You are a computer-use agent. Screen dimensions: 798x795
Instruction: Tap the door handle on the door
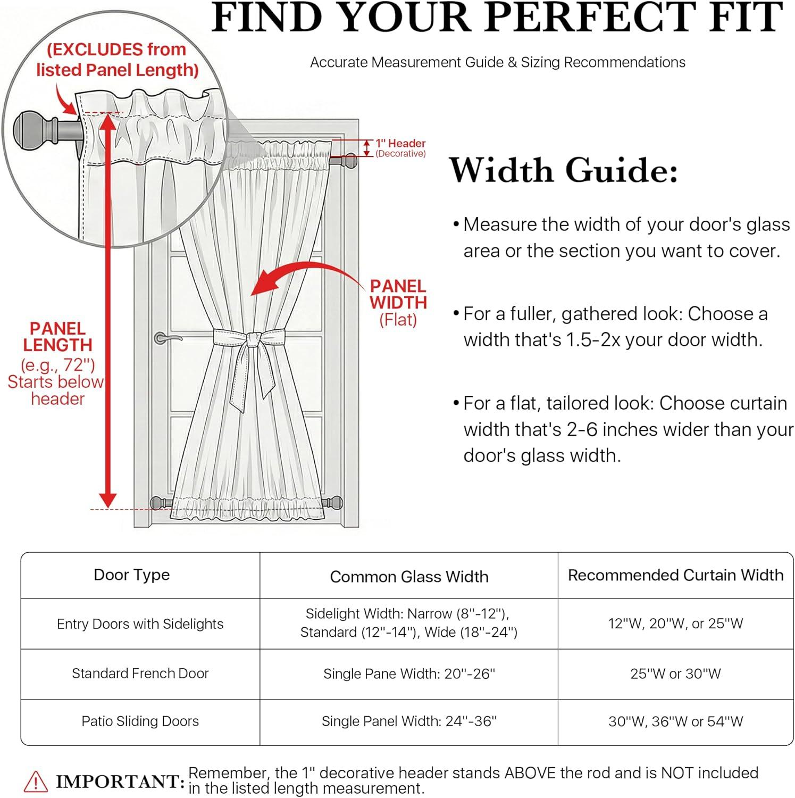[164, 338]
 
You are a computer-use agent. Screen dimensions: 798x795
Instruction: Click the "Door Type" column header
[131, 575]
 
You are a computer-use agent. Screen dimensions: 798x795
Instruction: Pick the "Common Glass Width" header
[409, 577]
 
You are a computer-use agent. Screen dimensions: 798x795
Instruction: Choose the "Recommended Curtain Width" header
[675, 575]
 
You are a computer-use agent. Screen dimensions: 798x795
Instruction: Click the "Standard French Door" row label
[140, 674]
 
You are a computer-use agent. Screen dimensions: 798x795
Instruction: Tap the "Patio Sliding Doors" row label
[140, 721]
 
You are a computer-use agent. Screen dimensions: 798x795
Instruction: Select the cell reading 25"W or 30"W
[675, 674]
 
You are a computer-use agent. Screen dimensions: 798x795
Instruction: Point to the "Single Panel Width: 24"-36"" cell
[409, 721]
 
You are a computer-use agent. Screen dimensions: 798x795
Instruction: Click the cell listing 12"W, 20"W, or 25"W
[675, 624]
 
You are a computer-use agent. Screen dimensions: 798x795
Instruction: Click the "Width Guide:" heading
[564, 171]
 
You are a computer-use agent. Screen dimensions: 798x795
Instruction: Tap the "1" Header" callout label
[400, 144]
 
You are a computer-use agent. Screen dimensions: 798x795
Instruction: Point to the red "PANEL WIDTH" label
[398, 294]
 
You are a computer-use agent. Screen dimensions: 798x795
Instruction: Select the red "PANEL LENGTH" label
[57, 337]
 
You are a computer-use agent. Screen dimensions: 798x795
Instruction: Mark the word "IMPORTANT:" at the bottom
[120, 782]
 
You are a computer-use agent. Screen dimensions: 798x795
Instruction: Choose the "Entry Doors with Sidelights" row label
[140, 624]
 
